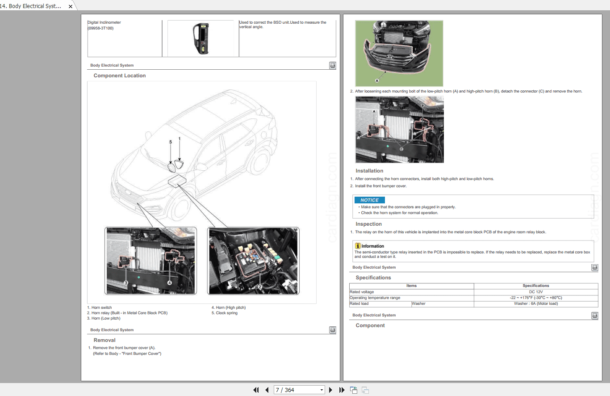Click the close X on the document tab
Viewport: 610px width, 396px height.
(x=70, y=7)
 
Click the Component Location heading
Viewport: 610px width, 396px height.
(x=120, y=76)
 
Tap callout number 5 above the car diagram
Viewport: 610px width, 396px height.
(x=170, y=142)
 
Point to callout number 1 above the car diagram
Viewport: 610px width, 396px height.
(x=180, y=139)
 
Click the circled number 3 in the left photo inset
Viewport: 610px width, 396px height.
(x=126, y=283)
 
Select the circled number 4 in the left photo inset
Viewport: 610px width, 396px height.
(x=170, y=283)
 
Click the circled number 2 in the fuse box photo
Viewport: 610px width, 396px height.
(x=259, y=286)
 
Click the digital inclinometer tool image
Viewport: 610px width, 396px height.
(x=201, y=38)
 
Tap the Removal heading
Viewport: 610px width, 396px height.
(x=104, y=340)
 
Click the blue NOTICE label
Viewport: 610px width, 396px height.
(x=369, y=200)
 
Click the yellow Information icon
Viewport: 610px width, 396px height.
(x=358, y=246)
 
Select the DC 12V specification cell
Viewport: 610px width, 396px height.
(x=536, y=292)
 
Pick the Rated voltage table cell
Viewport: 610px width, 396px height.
(x=362, y=292)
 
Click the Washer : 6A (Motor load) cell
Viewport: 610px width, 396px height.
(x=536, y=303)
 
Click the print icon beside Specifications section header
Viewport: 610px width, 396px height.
(x=594, y=268)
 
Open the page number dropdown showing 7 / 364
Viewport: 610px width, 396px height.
(x=299, y=390)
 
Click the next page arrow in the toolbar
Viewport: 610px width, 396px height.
(x=330, y=390)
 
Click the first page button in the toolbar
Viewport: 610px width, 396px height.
(x=256, y=390)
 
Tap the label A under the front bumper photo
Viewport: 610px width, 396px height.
(x=377, y=81)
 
